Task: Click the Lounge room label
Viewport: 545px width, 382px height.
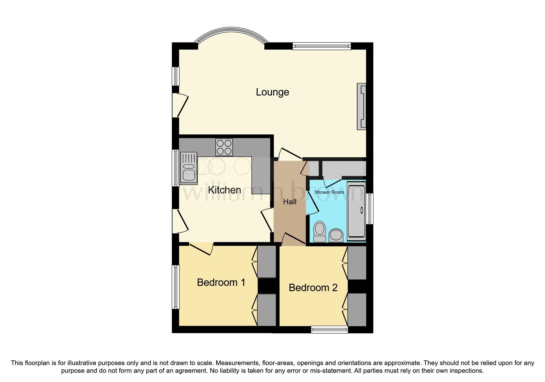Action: tap(272, 92)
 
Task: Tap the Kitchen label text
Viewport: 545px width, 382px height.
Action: tap(224, 190)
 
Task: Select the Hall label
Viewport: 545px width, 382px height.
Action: tap(290, 202)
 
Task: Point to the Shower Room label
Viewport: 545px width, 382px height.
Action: tap(329, 192)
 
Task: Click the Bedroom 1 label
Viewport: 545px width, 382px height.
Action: tap(221, 282)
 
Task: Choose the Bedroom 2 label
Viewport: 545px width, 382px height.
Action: tap(313, 288)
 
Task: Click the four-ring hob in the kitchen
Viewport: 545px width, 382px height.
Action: tap(224, 147)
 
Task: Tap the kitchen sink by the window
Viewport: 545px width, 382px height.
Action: tap(188, 168)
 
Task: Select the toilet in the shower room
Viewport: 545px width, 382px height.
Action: tap(319, 232)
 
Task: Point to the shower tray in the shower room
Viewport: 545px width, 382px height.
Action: tap(356, 211)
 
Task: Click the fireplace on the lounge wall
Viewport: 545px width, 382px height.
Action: tap(362, 106)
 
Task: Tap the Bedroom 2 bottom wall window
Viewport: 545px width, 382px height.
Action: tap(329, 330)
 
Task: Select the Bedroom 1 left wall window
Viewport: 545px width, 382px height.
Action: tap(176, 286)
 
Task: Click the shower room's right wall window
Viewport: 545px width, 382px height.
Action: tap(370, 209)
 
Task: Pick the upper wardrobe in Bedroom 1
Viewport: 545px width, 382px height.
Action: tap(266, 261)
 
